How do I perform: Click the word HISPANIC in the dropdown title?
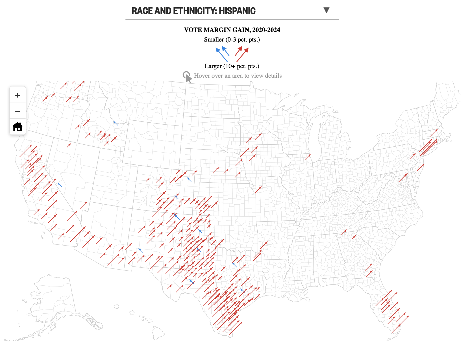(x=237, y=11)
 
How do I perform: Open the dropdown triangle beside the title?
(x=326, y=10)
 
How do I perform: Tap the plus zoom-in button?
(x=18, y=95)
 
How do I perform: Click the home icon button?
(x=18, y=127)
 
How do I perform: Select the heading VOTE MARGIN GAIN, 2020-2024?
(x=232, y=30)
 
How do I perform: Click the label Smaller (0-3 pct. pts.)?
(x=232, y=40)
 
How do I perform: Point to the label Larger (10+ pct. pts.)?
(x=232, y=66)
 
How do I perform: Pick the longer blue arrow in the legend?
(x=221, y=55)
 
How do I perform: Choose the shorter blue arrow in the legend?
(x=226, y=51)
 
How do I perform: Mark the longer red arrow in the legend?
(x=243, y=55)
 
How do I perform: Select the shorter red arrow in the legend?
(x=238, y=51)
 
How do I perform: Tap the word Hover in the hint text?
(x=202, y=76)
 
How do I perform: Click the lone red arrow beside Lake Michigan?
(x=308, y=157)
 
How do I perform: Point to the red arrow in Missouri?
(x=258, y=190)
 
